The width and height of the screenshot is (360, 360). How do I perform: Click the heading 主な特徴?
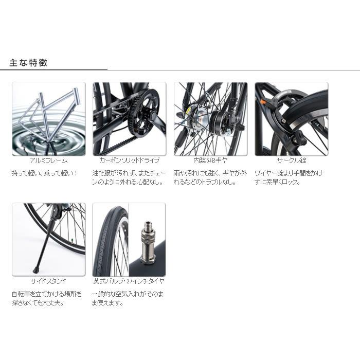tap(29, 63)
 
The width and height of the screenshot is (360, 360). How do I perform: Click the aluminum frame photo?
tap(49, 118)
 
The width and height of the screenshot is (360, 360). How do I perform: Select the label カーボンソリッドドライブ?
tap(129, 160)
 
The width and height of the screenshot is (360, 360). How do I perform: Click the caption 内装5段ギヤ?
tap(211, 160)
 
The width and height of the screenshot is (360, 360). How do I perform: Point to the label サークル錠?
tap(291, 160)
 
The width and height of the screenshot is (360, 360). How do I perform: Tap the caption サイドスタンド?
tap(48, 281)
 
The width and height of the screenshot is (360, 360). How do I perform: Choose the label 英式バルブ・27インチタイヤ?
tap(129, 281)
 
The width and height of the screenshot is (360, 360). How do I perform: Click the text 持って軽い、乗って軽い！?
tap(45, 173)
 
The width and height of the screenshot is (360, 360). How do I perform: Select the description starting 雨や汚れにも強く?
tap(210, 177)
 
